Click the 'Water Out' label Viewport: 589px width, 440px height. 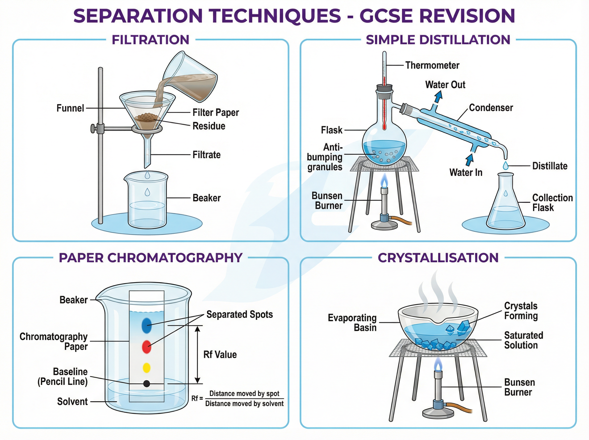point(445,85)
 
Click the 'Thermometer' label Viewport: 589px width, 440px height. point(432,65)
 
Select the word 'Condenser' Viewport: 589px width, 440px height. point(491,108)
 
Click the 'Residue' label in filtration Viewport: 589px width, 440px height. point(209,126)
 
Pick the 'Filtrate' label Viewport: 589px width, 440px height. point(207,155)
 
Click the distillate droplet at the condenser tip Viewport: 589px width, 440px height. point(505,166)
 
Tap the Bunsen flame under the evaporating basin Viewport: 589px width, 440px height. point(438,364)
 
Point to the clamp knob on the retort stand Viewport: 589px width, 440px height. point(93,128)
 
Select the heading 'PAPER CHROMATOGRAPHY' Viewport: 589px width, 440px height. point(150,258)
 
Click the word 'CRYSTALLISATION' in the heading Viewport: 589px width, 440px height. point(438,258)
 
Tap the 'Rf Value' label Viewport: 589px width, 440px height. point(220,355)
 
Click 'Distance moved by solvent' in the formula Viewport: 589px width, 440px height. point(244,403)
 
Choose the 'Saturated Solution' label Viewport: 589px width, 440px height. point(523,340)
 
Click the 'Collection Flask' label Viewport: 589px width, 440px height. point(552,202)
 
